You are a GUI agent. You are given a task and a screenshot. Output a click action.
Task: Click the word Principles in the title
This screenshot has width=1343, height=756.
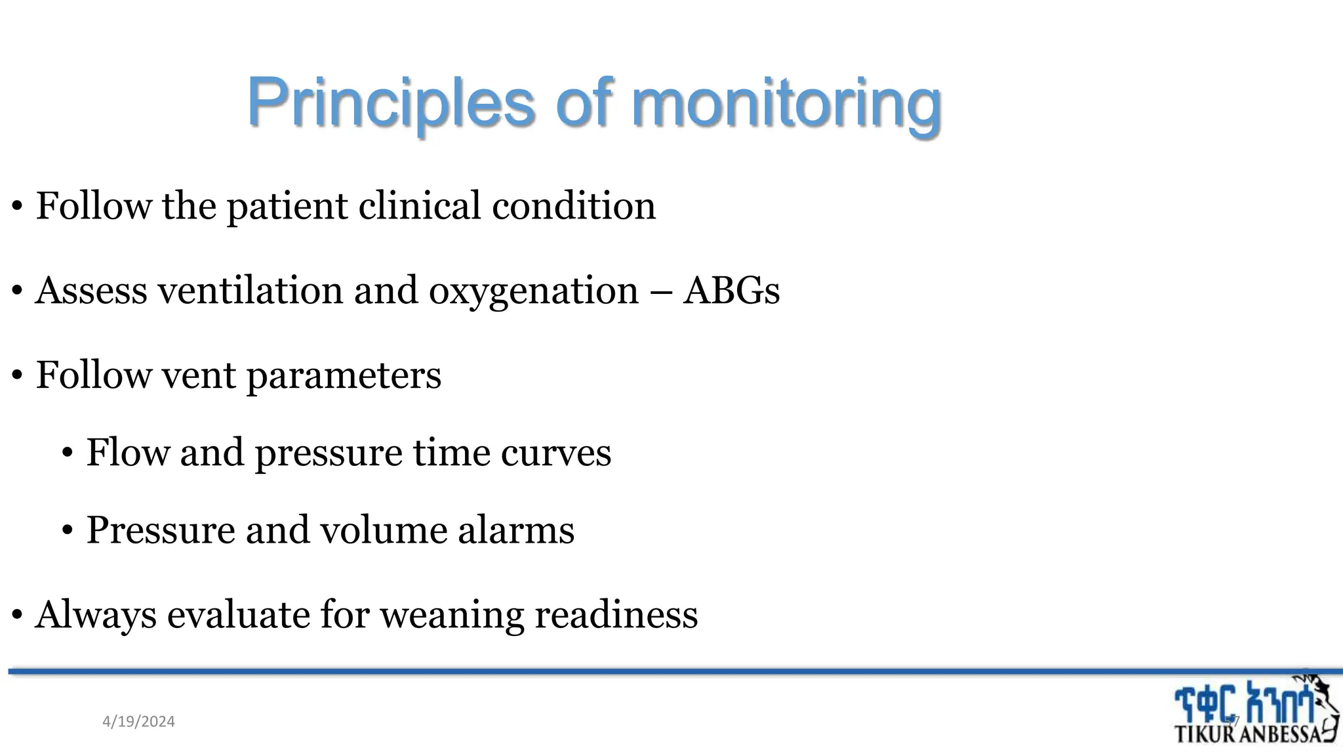pos(391,104)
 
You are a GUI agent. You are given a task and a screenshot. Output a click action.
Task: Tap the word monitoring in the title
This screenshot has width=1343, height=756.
pos(786,104)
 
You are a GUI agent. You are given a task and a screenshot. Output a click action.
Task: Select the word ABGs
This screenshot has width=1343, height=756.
pos(731,290)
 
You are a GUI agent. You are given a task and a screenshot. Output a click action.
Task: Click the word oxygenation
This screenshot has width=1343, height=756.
pos(533,290)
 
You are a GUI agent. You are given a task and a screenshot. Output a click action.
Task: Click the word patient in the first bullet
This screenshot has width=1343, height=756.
pos(287,205)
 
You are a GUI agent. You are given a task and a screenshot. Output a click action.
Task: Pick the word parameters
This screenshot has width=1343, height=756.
pos(344,375)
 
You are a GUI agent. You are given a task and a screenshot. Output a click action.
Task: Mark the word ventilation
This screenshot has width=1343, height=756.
pos(251,290)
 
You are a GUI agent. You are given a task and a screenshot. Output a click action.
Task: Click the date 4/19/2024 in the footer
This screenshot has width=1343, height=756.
pos(138,722)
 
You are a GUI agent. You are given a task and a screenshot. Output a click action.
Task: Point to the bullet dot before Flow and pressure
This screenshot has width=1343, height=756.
pos(68,453)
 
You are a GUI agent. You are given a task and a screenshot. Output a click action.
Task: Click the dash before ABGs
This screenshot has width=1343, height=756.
pos(661,291)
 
